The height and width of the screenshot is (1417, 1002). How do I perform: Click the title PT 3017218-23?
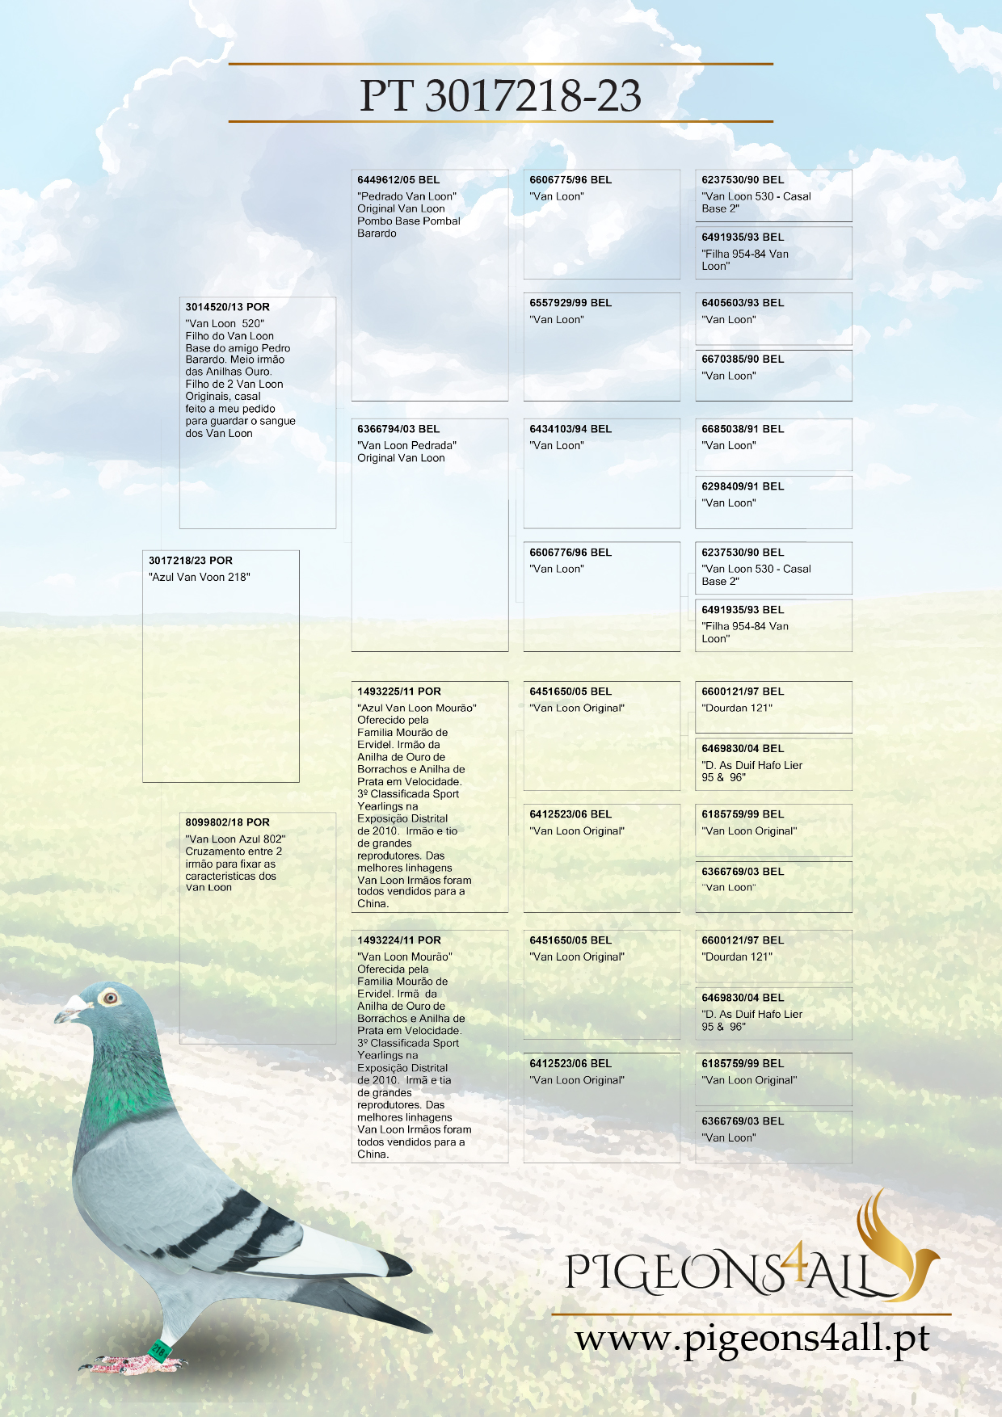pos(500,95)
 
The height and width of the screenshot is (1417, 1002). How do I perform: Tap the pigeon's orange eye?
pos(110,998)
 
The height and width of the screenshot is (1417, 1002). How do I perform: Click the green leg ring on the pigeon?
pos(158,1347)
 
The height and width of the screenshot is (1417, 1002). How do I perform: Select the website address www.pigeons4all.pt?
pos(751,1339)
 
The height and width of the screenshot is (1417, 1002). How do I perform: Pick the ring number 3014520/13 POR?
pos(228,307)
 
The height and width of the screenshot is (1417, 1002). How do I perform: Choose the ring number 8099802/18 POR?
pos(228,822)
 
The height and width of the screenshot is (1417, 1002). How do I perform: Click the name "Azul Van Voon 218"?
pos(200,577)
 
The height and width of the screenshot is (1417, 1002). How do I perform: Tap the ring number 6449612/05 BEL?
pos(398,180)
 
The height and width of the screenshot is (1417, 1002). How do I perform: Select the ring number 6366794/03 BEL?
pos(398,429)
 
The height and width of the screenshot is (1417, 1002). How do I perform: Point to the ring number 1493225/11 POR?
pos(399,692)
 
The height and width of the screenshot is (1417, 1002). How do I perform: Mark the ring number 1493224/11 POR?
pos(399,940)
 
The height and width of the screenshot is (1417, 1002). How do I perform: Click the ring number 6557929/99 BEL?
pos(570,303)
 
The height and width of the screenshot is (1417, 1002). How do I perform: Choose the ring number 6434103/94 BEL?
pos(570,429)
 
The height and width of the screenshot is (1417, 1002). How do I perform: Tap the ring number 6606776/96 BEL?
pos(570,553)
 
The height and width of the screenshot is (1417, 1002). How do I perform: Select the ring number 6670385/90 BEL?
pos(743,360)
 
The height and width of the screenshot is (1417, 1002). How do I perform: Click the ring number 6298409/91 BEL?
pos(743,486)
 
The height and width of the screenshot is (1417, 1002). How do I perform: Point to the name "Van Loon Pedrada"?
pos(406,445)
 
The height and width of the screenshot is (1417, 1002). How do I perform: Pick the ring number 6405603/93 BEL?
pos(743,303)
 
